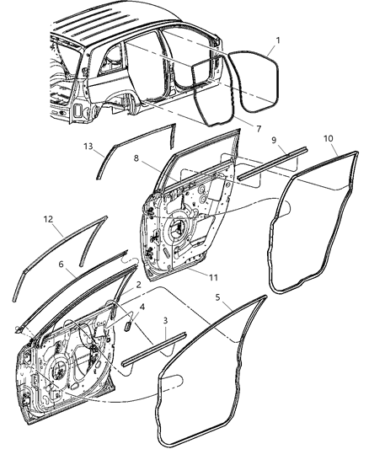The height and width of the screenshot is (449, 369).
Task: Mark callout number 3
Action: [167, 320]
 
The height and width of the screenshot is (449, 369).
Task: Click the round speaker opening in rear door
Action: [179, 231]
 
